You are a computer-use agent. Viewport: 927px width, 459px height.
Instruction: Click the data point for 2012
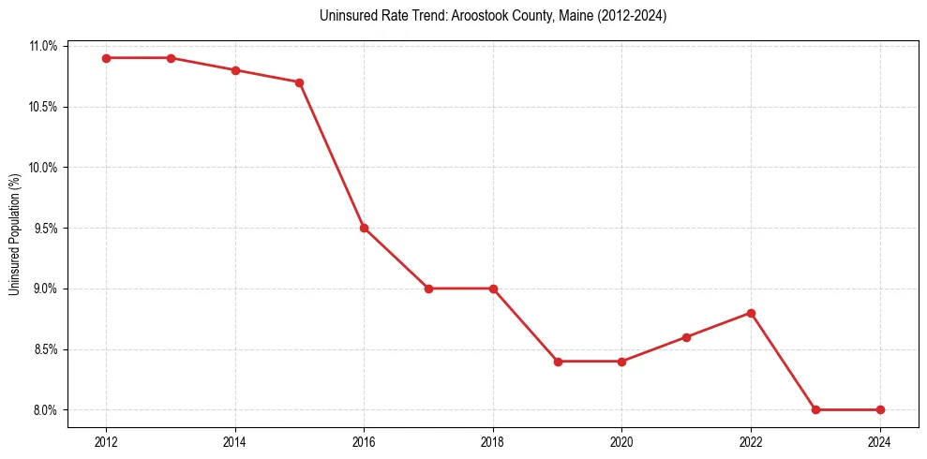click(106, 58)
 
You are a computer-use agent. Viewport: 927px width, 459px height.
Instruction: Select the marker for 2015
click(299, 82)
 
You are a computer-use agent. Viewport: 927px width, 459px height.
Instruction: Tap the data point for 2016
click(364, 228)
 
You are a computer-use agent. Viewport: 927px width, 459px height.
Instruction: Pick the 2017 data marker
click(428, 289)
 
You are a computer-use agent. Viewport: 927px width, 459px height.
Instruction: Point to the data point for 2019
click(558, 362)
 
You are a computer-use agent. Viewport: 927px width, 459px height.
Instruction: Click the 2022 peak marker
click(751, 313)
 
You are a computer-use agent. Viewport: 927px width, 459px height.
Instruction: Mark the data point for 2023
click(815, 410)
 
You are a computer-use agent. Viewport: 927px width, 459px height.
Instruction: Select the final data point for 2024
click(880, 410)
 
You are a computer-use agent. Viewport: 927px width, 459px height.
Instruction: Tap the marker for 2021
click(686, 337)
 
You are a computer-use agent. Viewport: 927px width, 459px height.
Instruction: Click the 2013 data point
click(171, 58)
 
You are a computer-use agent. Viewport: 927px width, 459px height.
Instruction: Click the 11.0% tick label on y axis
click(44, 46)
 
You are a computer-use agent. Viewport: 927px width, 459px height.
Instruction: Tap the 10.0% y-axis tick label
click(44, 168)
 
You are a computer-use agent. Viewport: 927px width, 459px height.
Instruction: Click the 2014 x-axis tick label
click(235, 442)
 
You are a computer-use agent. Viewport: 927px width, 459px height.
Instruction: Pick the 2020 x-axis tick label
click(621, 442)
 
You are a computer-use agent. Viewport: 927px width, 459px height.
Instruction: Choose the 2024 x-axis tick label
click(880, 442)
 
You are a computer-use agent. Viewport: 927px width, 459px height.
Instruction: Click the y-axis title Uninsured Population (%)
click(15, 234)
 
